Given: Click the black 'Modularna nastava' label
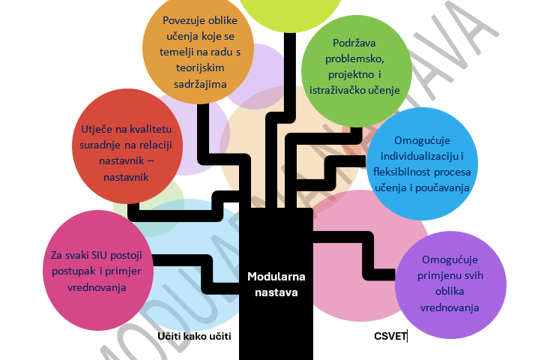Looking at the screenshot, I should (x=272, y=284).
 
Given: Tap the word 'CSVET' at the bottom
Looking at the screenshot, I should (x=389, y=336).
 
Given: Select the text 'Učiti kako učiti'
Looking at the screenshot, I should (x=193, y=336).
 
